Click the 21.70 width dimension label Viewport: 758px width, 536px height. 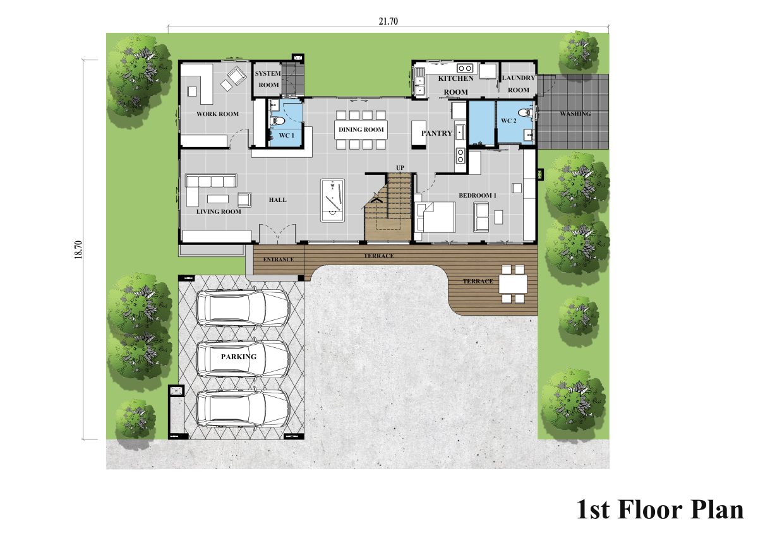pos(388,21)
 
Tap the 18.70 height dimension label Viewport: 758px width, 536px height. pos(78,249)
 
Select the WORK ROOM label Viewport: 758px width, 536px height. pos(217,114)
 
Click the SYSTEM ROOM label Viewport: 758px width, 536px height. pos(268,79)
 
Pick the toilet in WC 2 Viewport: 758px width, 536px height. pos(524,112)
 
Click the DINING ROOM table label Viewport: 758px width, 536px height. pos(361,129)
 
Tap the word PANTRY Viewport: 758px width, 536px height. pos(437,133)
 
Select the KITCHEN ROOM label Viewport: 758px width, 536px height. pos(456,85)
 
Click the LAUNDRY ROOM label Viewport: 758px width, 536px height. pos(519,84)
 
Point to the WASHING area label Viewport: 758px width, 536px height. pos(575,114)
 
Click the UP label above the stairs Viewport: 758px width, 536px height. pos(400,168)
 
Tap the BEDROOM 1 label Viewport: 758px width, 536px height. pos(478,196)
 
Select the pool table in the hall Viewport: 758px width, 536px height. pos(333,200)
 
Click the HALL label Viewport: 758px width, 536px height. pos(278,200)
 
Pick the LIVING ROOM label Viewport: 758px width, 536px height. pos(219,211)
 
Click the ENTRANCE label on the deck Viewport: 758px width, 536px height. pos(279,259)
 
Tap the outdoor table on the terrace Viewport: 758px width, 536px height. pos(513,283)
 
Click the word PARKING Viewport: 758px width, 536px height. pos(239,357)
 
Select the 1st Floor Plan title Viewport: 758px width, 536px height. pos(660,510)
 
